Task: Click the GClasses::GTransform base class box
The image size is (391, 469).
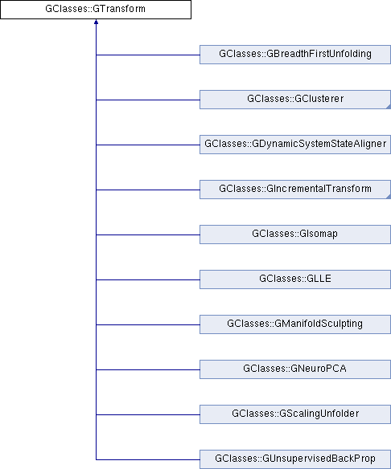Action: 96,10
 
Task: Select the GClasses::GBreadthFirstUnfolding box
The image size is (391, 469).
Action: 295,55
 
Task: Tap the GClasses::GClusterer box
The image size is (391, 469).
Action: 295,100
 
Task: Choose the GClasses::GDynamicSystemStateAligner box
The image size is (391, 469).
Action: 295,145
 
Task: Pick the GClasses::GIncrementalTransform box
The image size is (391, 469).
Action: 295,190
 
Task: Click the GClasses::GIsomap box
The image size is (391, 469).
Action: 295,234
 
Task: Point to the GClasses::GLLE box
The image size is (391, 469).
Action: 295,279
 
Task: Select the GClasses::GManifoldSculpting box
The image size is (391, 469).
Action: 295,324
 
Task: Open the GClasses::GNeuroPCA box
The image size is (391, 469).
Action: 295,369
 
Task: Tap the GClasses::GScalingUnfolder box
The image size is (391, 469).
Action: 295,414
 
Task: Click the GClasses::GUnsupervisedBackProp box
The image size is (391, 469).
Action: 295,459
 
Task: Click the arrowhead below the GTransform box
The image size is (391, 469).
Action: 96,22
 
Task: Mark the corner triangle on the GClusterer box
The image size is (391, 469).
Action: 389,107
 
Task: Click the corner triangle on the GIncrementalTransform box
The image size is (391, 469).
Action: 389,197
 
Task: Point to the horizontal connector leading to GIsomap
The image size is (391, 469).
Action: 148,234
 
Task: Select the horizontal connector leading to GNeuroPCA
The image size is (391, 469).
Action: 148,369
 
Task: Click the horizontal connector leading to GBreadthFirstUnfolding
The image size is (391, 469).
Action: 148,55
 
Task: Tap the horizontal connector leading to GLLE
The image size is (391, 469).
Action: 148,279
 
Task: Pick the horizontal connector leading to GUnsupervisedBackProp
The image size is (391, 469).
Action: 148,459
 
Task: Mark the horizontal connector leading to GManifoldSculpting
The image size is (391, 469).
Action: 148,324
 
